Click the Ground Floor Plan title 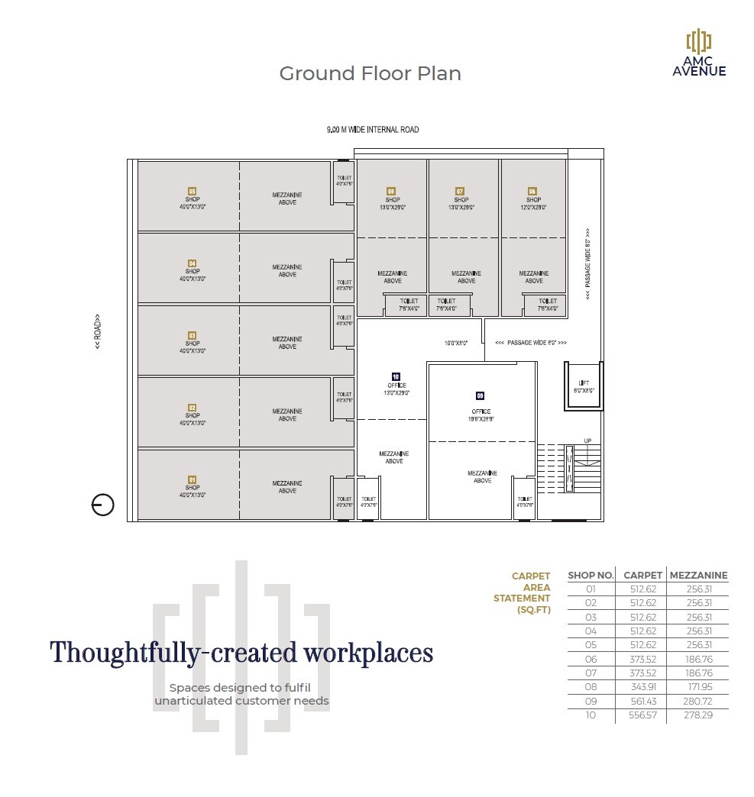pos(370,73)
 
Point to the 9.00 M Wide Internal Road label pos(373,130)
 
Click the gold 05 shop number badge pos(193,191)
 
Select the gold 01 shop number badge pos(193,479)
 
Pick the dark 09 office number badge pos(480,395)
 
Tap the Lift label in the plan pos(584,383)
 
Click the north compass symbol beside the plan pos(103,505)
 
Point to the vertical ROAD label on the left pos(99,333)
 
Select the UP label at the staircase pos(587,441)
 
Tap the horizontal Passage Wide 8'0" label pos(531,343)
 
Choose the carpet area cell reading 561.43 pos(642,702)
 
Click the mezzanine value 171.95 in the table pos(699,687)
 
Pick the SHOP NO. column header pos(591,576)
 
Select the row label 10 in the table pos(591,715)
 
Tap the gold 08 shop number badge pos(532,191)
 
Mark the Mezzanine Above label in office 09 pos(482,477)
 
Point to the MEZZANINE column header pos(698,576)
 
